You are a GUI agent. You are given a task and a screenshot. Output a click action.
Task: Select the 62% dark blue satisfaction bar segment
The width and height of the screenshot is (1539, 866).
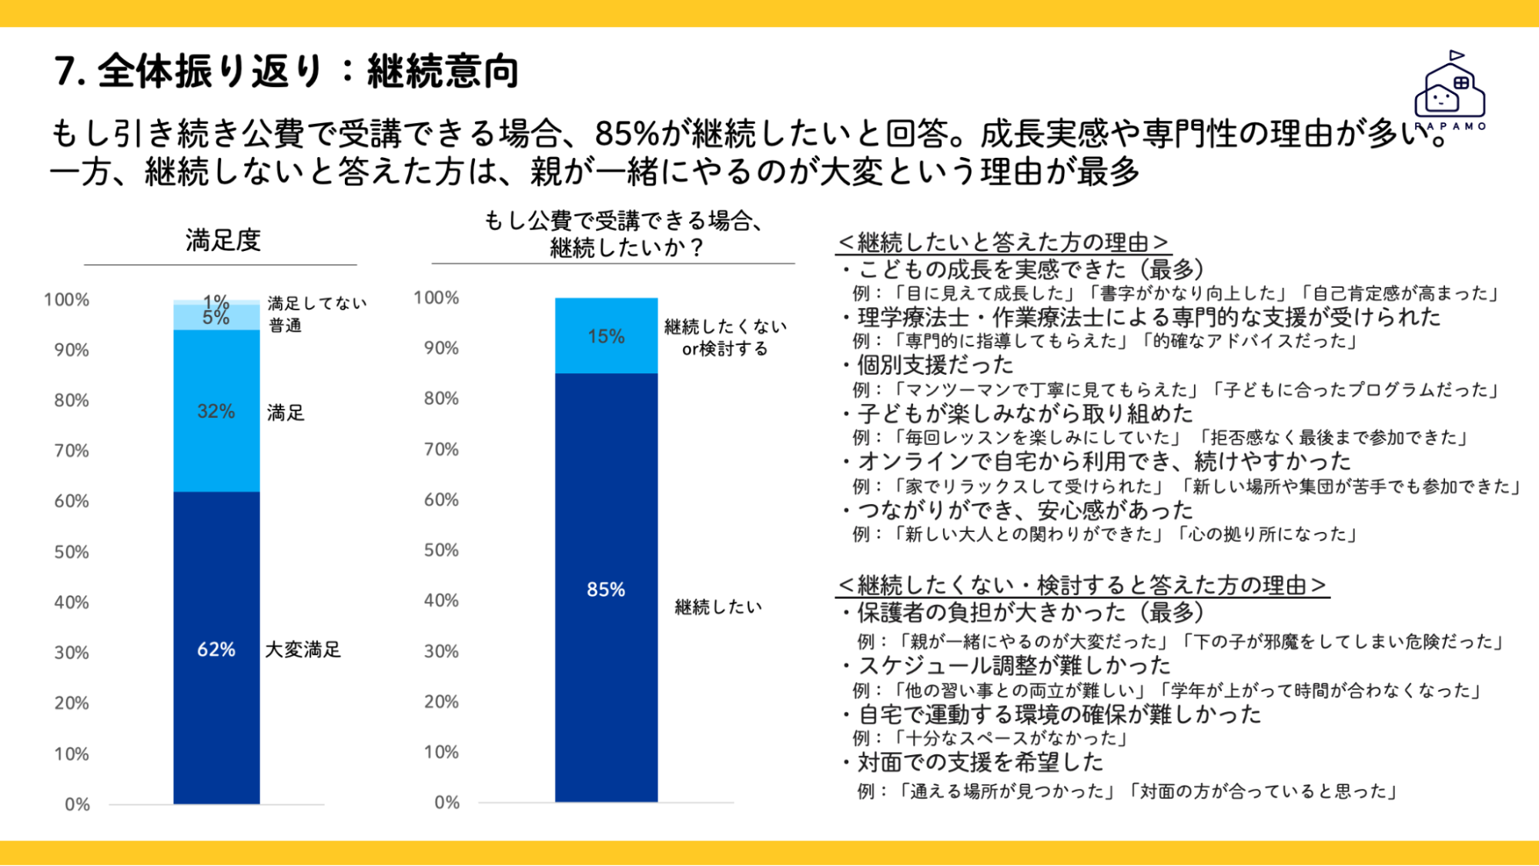coord(216,648)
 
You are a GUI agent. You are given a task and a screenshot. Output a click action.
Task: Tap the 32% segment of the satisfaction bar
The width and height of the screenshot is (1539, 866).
coord(216,411)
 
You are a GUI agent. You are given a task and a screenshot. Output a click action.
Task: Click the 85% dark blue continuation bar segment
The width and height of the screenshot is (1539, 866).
coord(607,588)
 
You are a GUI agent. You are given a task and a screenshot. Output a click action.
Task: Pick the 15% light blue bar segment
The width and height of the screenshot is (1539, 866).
coord(607,336)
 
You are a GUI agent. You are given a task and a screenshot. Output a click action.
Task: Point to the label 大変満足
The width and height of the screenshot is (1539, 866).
coord(303,650)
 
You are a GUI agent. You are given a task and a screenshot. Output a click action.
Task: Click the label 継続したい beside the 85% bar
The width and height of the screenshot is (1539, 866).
coord(718,607)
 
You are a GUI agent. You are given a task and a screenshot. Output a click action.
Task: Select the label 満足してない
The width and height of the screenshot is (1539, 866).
coord(317,303)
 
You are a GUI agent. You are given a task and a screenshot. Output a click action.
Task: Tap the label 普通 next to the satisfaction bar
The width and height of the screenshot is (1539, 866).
coord(285,326)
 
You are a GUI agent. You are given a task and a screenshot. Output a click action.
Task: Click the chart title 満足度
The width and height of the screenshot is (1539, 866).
coord(223,240)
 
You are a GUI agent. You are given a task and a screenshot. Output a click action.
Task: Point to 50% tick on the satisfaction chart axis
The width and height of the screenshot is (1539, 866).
coord(72,552)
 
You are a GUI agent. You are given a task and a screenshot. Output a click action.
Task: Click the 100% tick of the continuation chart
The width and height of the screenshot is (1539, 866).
coord(437,298)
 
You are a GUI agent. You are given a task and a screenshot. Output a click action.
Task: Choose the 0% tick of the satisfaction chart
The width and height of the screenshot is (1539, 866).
coord(77,804)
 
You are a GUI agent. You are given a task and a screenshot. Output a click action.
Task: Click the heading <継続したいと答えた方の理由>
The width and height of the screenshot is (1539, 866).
coord(1003,242)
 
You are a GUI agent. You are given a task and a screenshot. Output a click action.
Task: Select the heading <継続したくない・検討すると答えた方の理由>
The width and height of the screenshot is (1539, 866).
coord(1082,585)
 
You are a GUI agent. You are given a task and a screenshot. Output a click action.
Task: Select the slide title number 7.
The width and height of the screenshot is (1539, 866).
coord(70,72)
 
